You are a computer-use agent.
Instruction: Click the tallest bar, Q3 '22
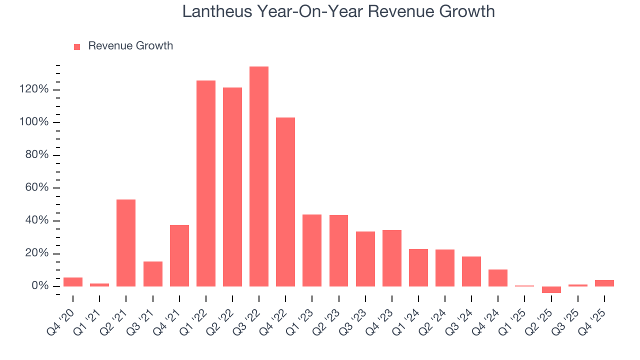click(x=259, y=176)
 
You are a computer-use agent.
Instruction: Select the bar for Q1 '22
click(x=206, y=183)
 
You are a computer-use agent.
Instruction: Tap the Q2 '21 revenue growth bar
click(x=126, y=242)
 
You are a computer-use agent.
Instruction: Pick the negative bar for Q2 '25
click(x=551, y=289)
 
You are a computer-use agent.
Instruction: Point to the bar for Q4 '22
click(x=285, y=201)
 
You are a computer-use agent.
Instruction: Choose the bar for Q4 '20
click(x=73, y=282)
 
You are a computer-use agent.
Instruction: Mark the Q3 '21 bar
click(x=153, y=273)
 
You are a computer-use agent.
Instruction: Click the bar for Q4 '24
click(x=498, y=277)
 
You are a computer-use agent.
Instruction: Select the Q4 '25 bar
click(x=604, y=283)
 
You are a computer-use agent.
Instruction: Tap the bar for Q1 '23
click(x=312, y=250)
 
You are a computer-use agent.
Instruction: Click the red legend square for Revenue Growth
click(x=77, y=46)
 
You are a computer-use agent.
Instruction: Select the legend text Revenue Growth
click(x=130, y=46)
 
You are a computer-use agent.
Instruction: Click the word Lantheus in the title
click(x=217, y=11)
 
